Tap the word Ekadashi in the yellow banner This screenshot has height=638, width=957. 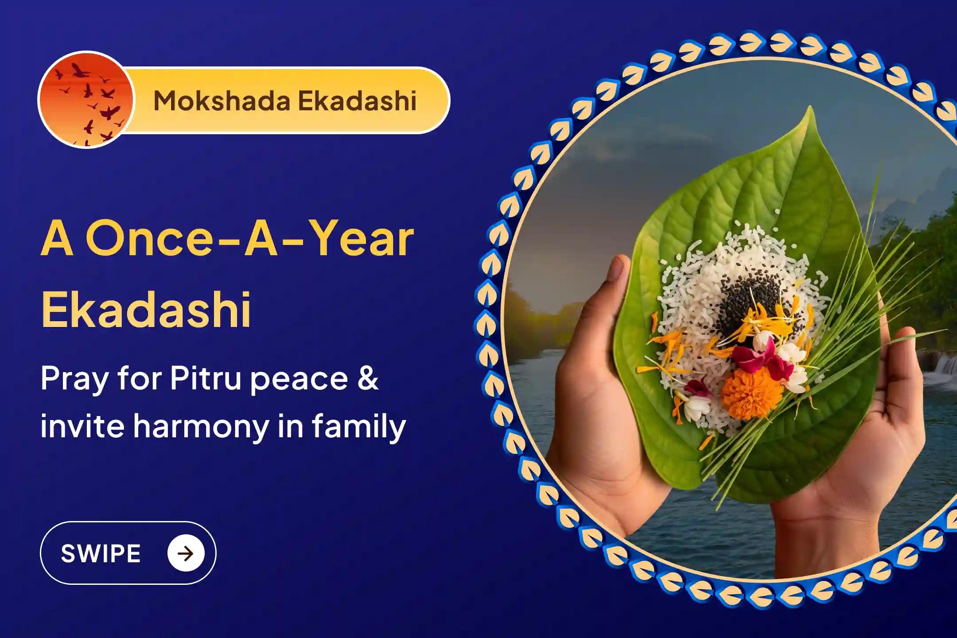click(x=357, y=101)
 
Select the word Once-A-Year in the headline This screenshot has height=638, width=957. click(x=251, y=240)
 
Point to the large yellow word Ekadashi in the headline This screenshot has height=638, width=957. click(x=146, y=308)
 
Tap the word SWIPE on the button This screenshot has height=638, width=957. click(x=101, y=553)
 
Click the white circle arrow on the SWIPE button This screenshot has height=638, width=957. click(x=186, y=553)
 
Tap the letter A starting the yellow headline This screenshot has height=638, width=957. click(x=57, y=240)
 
